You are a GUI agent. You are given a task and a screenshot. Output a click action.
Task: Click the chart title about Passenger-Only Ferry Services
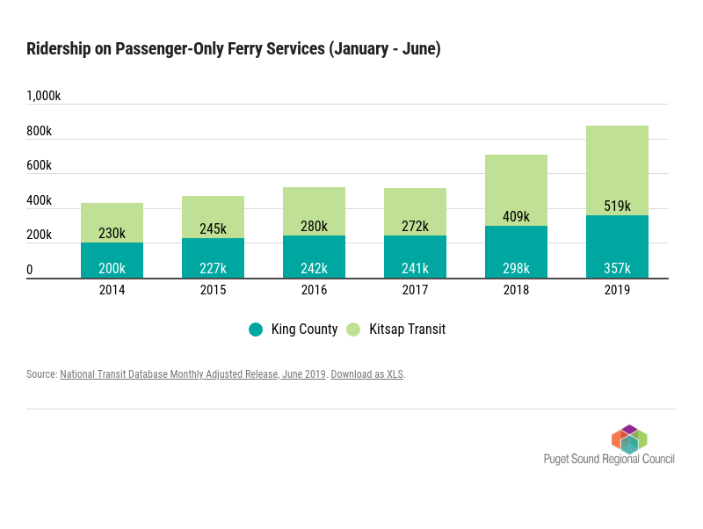click(233, 49)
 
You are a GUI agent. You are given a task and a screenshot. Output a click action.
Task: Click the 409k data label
click(516, 216)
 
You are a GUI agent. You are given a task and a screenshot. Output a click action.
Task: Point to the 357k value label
click(617, 268)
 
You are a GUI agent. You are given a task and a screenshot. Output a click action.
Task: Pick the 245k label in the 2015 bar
click(213, 228)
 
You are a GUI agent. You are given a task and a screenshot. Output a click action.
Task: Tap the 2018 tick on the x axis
click(516, 290)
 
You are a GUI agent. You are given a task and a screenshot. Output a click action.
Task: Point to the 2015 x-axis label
click(213, 290)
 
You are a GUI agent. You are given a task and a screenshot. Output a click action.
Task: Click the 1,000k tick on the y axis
click(43, 96)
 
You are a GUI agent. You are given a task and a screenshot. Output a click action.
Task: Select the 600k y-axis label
click(39, 165)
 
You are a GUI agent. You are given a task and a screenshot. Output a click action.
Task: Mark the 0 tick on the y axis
click(30, 270)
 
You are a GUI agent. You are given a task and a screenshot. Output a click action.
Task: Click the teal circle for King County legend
click(256, 330)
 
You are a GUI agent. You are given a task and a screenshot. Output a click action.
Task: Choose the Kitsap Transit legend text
click(407, 330)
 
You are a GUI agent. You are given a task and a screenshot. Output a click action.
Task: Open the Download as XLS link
click(367, 374)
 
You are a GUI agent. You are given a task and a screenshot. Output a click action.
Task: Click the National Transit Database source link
click(192, 374)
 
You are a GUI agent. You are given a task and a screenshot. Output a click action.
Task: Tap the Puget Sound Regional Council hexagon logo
click(629, 438)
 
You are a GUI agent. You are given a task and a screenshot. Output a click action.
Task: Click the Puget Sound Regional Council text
click(609, 459)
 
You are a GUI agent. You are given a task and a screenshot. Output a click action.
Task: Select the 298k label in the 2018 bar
click(516, 268)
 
